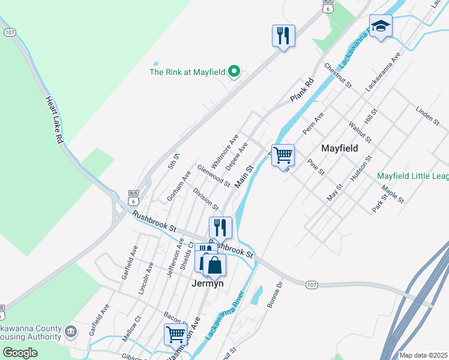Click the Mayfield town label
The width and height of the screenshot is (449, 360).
[x=339, y=148]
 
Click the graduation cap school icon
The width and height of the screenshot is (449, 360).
[x=381, y=26]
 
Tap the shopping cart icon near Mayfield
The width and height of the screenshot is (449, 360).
[x=283, y=155]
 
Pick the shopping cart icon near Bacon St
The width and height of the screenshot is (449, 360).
[x=176, y=334]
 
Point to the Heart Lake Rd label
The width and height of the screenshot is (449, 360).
[x=54, y=121]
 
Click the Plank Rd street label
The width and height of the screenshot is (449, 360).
[x=302, y=89]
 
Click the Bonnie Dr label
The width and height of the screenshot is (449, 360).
[x=275, y=296]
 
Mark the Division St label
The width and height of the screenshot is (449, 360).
[x=205, y=199]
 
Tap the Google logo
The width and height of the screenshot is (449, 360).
[x=20, y=353]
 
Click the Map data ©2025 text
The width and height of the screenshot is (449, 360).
[x=423, y=355]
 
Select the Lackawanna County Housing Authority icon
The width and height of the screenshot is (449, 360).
[x=71, y=331]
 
